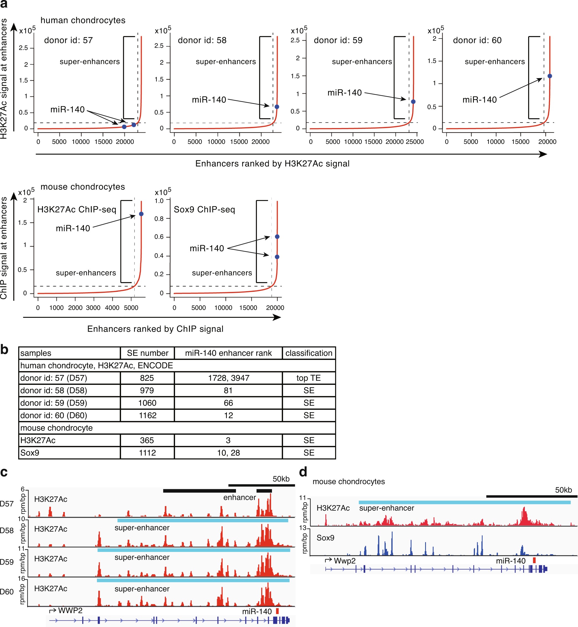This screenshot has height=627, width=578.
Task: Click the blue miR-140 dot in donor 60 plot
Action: [x=549, y=76]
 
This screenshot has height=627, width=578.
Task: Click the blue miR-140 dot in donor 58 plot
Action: [x=277, y=107]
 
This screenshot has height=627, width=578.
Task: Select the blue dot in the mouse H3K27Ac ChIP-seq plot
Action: [x=141, y=214]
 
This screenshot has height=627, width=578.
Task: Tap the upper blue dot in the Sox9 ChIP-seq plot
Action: [x=277, y=237]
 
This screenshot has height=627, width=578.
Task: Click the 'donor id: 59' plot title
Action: [x=338, y=40]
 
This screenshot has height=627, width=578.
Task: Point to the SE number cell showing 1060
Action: [x=147, y=403]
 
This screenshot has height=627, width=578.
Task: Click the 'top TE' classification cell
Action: [x=309, y=378]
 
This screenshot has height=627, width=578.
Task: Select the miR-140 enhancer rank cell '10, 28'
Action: [x=228, y=453]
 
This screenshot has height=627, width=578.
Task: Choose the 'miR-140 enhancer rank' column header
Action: [x=228, y=353]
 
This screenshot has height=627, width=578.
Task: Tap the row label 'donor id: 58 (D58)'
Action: [x=53, y=390]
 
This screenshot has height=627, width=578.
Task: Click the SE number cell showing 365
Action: [x=147, y=440]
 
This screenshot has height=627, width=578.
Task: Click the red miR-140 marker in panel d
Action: [x=534, y=560]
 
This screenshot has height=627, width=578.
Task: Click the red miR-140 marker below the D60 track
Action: [x=277, y=611]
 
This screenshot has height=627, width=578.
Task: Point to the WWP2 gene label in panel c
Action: [x=70, y=610]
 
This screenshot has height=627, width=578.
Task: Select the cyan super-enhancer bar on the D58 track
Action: [x=203, y=521]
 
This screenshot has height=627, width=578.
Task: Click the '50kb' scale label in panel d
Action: [x=563, y=490]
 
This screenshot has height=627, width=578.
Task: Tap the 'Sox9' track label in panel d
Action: [x=325, y=538]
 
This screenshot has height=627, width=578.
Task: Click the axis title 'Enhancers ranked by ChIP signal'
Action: [x=155, y=329]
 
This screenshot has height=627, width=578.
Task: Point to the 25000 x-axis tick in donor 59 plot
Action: [x=414, y=142]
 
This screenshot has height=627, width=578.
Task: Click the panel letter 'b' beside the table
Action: [x=4, y=349]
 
